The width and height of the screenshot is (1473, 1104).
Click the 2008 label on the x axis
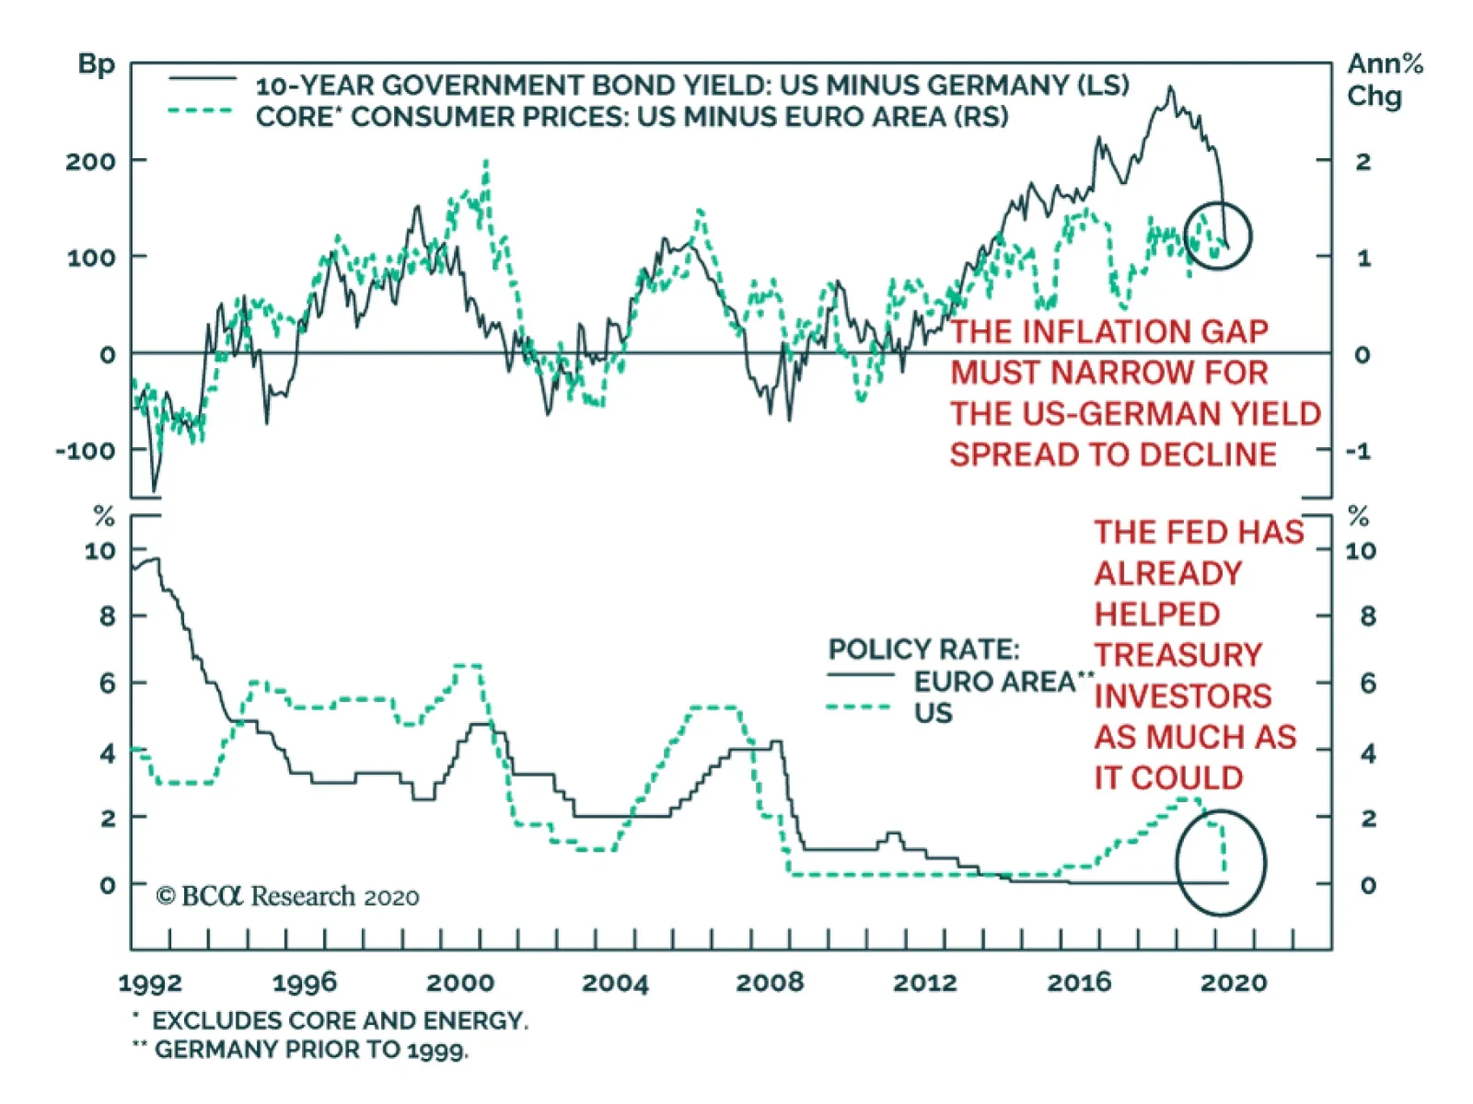tap(770, 983)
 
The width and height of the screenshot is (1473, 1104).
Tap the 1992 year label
tap(150, 983)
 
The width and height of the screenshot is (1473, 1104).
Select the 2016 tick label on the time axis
tap(1079, 983)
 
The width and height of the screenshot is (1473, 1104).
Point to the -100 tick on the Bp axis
tap(87, 451)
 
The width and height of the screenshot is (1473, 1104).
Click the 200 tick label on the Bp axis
tap(90, 162)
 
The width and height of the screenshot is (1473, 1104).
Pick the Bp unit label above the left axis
tap(97, 64)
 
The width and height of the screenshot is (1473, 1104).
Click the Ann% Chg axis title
tap(1384, 80)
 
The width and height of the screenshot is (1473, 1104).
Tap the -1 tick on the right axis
tap(1358, 451)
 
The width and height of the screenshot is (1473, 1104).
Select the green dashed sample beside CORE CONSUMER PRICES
tap(201, 111)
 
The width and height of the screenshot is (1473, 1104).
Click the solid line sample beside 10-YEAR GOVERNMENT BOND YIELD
tap(201, 79)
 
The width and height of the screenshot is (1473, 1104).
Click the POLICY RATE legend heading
tap(923, 650)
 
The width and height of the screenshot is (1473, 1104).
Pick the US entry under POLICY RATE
tap(933, 713)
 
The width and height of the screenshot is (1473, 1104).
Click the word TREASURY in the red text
tap(1177, 655)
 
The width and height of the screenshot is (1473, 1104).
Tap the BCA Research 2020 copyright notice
tap(287, 896)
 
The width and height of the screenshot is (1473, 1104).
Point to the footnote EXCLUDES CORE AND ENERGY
tap(339, 1020)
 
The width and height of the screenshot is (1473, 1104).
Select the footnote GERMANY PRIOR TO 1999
tap(310, 1050)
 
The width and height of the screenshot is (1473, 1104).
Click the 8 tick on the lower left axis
tap(108, 615)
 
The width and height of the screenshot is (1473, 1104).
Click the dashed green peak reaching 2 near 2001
tap(485, 163)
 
